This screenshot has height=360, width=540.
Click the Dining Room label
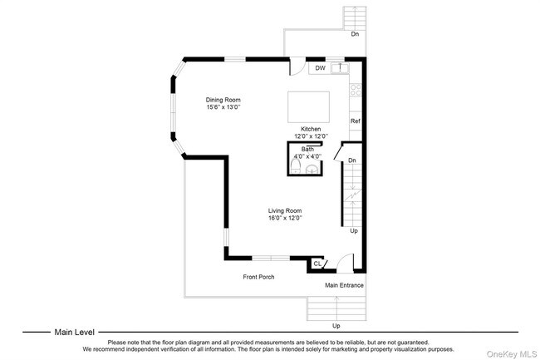click(223, 100)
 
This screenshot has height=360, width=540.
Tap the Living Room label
click(285, 210)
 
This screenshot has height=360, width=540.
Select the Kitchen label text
click(311, 129)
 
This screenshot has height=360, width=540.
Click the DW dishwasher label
click(321, 68)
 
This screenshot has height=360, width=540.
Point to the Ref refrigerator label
click(356, 121)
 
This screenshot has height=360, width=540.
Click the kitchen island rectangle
click(308, 106)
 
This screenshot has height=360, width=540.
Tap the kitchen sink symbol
click(340, 68)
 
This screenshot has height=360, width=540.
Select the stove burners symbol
click(356, 90)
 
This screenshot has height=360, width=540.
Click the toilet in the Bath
click(296, 167)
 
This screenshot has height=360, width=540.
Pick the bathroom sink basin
click(312, 170)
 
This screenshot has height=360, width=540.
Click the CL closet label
click(317, 264)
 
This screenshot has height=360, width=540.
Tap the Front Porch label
click(258, 277)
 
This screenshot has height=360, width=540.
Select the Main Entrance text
click(344, 285)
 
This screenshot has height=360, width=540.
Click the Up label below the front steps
click(336, 326)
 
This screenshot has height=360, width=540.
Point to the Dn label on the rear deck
click(355, 34)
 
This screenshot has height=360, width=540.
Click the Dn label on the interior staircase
click(352, 160)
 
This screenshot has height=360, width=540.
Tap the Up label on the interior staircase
click(354, 231)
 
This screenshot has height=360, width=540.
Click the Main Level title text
click(75, 332)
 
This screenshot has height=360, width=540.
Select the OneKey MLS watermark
click(512, 354)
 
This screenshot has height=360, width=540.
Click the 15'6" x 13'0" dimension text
click(223, 107)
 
